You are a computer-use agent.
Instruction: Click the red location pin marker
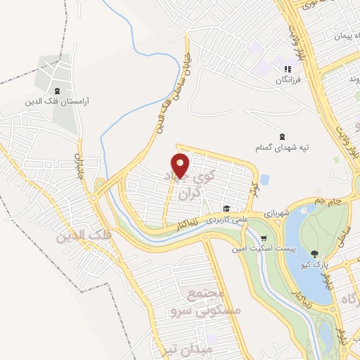click(181, 165)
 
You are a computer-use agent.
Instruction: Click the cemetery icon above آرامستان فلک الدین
click(57, 91)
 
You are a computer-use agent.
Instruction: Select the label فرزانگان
click(287, 80)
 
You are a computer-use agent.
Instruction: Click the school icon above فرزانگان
click(287, 69)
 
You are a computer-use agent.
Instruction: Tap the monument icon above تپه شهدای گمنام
click(282, 136)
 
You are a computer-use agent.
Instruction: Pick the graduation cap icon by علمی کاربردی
click(226, 208)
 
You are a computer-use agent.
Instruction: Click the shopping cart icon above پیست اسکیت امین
click(264, 238)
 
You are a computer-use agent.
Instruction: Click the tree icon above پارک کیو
click(314, 253)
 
